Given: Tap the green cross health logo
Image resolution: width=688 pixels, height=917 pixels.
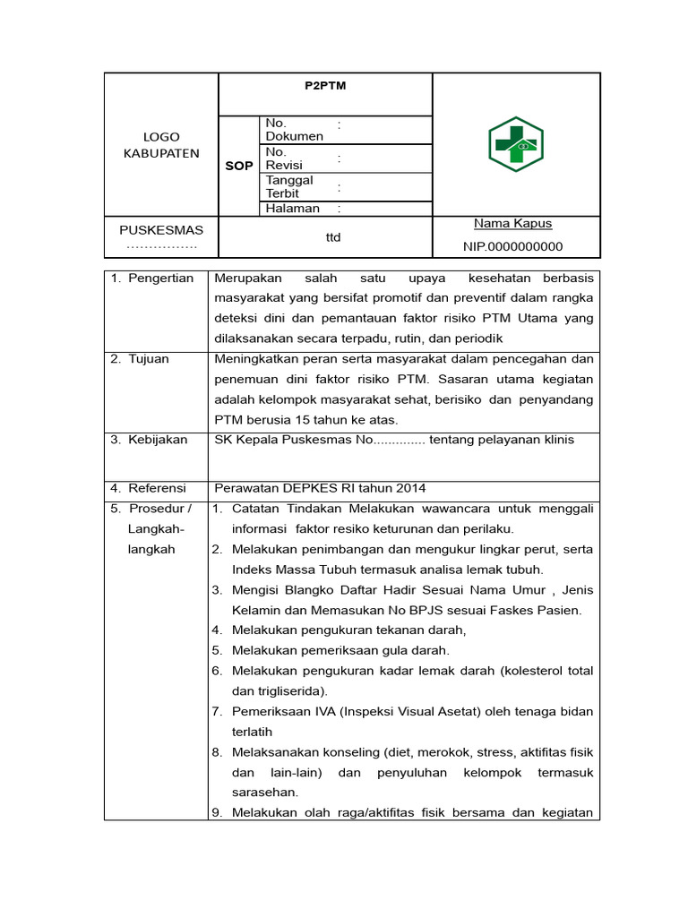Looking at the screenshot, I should click(515, 143).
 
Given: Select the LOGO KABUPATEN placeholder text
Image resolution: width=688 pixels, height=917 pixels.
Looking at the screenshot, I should click(161, 145).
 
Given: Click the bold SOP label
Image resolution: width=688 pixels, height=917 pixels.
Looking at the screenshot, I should click(238, 166).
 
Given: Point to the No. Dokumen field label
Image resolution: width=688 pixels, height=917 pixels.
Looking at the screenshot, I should click(294, 129).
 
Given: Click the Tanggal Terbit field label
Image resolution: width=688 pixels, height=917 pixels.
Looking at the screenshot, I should click(289, 186).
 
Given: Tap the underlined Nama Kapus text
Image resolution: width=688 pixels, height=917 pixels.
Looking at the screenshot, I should click(512, 223).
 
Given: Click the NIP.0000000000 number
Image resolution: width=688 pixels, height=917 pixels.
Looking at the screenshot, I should click(512, 246).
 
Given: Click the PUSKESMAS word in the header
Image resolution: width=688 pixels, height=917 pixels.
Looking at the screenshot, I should click(161, 230).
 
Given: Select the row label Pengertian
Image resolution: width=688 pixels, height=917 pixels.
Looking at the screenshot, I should click(160, 279).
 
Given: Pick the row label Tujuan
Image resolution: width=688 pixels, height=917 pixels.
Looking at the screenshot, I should click(149, 359).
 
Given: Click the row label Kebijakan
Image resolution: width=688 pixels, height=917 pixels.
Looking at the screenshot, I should click(158, 440).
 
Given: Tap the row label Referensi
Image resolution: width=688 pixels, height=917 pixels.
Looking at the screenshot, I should click(157, 488).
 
